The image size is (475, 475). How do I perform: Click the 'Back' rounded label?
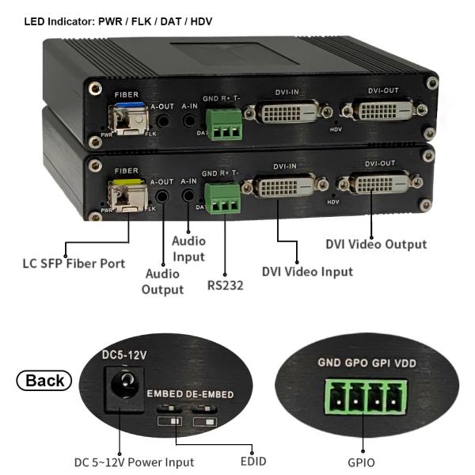44,380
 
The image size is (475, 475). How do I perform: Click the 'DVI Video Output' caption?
376,244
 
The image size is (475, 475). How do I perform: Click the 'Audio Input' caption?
188,249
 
